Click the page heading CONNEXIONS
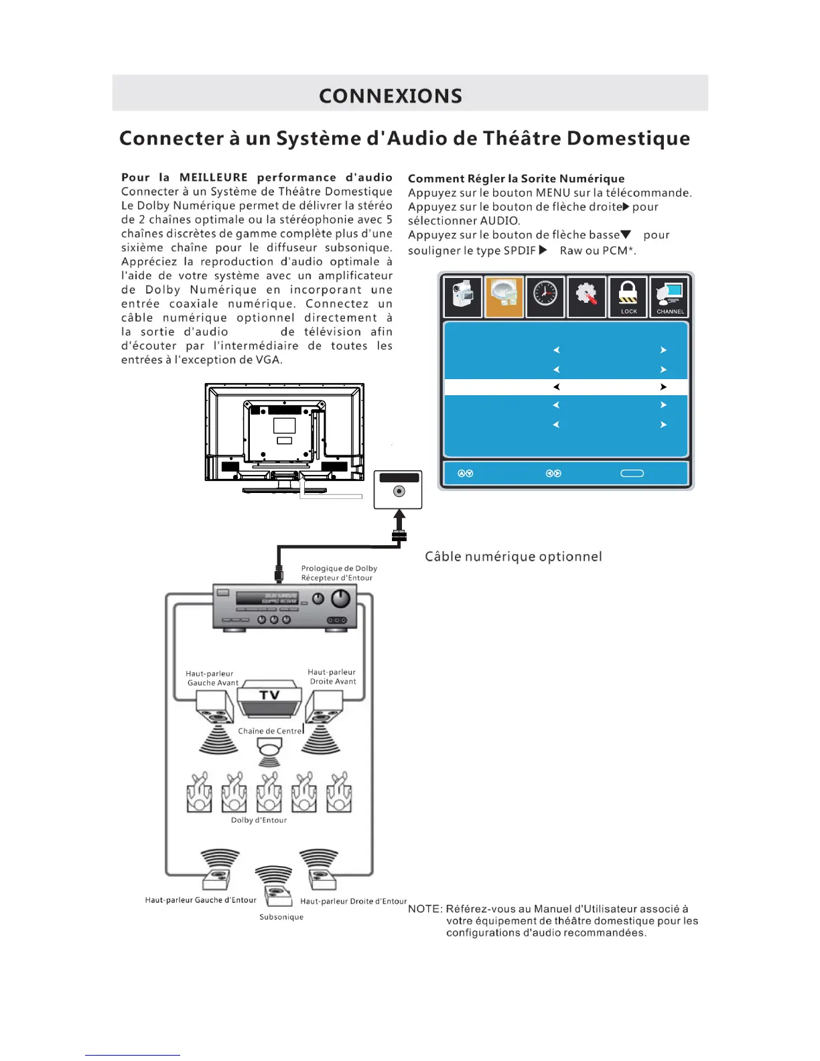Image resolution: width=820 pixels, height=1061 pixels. [x=391, y=96]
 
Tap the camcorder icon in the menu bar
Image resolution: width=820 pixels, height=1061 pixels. [x=463, y=296]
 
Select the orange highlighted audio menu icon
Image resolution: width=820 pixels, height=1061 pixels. [x=504, y=296]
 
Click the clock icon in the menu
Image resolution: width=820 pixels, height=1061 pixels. [x=545, y=296]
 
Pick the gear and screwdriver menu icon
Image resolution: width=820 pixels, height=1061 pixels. [x=586, y=296]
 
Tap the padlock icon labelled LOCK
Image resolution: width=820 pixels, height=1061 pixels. [x=628, y=295]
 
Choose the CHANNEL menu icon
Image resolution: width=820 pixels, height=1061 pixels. [x=669, y=295]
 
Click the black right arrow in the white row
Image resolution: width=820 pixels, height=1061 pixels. [x=663, y=387]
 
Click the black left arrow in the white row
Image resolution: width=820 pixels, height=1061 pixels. [x=556, y=387]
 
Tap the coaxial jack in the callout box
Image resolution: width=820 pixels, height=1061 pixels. [x=399, y=492]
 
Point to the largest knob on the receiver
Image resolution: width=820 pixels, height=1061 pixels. [x=342, y=597]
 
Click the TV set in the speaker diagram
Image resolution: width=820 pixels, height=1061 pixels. [x=269, y=699]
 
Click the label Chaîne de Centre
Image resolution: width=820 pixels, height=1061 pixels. [x=270, y=731]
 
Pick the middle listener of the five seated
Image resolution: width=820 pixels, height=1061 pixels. [x=269, y=792]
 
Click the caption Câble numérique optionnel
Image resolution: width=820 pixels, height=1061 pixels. [x=513, y=557]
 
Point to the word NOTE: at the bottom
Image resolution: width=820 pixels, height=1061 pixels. [x=425, y=909]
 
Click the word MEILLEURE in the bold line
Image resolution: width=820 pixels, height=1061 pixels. [x=213, y=178]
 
